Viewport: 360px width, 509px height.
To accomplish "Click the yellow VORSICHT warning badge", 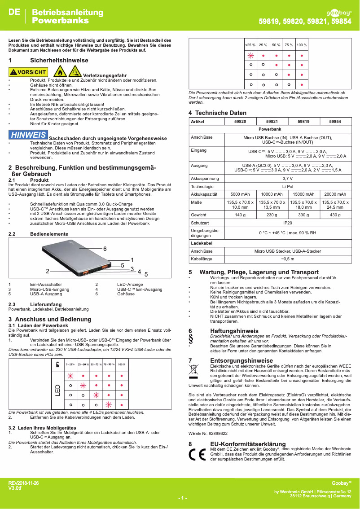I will [x=28, y=72].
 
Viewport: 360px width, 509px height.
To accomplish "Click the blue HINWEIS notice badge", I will [x=28, y=135].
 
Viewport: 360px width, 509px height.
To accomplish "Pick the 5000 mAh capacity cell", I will [x=240, y=194].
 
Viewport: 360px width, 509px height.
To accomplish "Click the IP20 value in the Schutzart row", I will [x=287, y=223].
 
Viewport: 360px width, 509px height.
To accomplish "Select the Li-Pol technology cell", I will [x=287, y=186].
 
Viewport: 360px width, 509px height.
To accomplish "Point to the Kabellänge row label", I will [x=201, y=259].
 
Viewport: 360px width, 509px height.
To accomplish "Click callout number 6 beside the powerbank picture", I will [x=105, y=249].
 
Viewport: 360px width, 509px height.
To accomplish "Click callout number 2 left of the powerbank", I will [x=47, y=271].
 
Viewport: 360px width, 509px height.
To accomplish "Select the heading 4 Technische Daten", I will [x=217, y=113].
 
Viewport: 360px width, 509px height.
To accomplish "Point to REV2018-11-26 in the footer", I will [x=23, y=483].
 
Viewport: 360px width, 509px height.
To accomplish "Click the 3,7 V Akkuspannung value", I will [x=287, y=178].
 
